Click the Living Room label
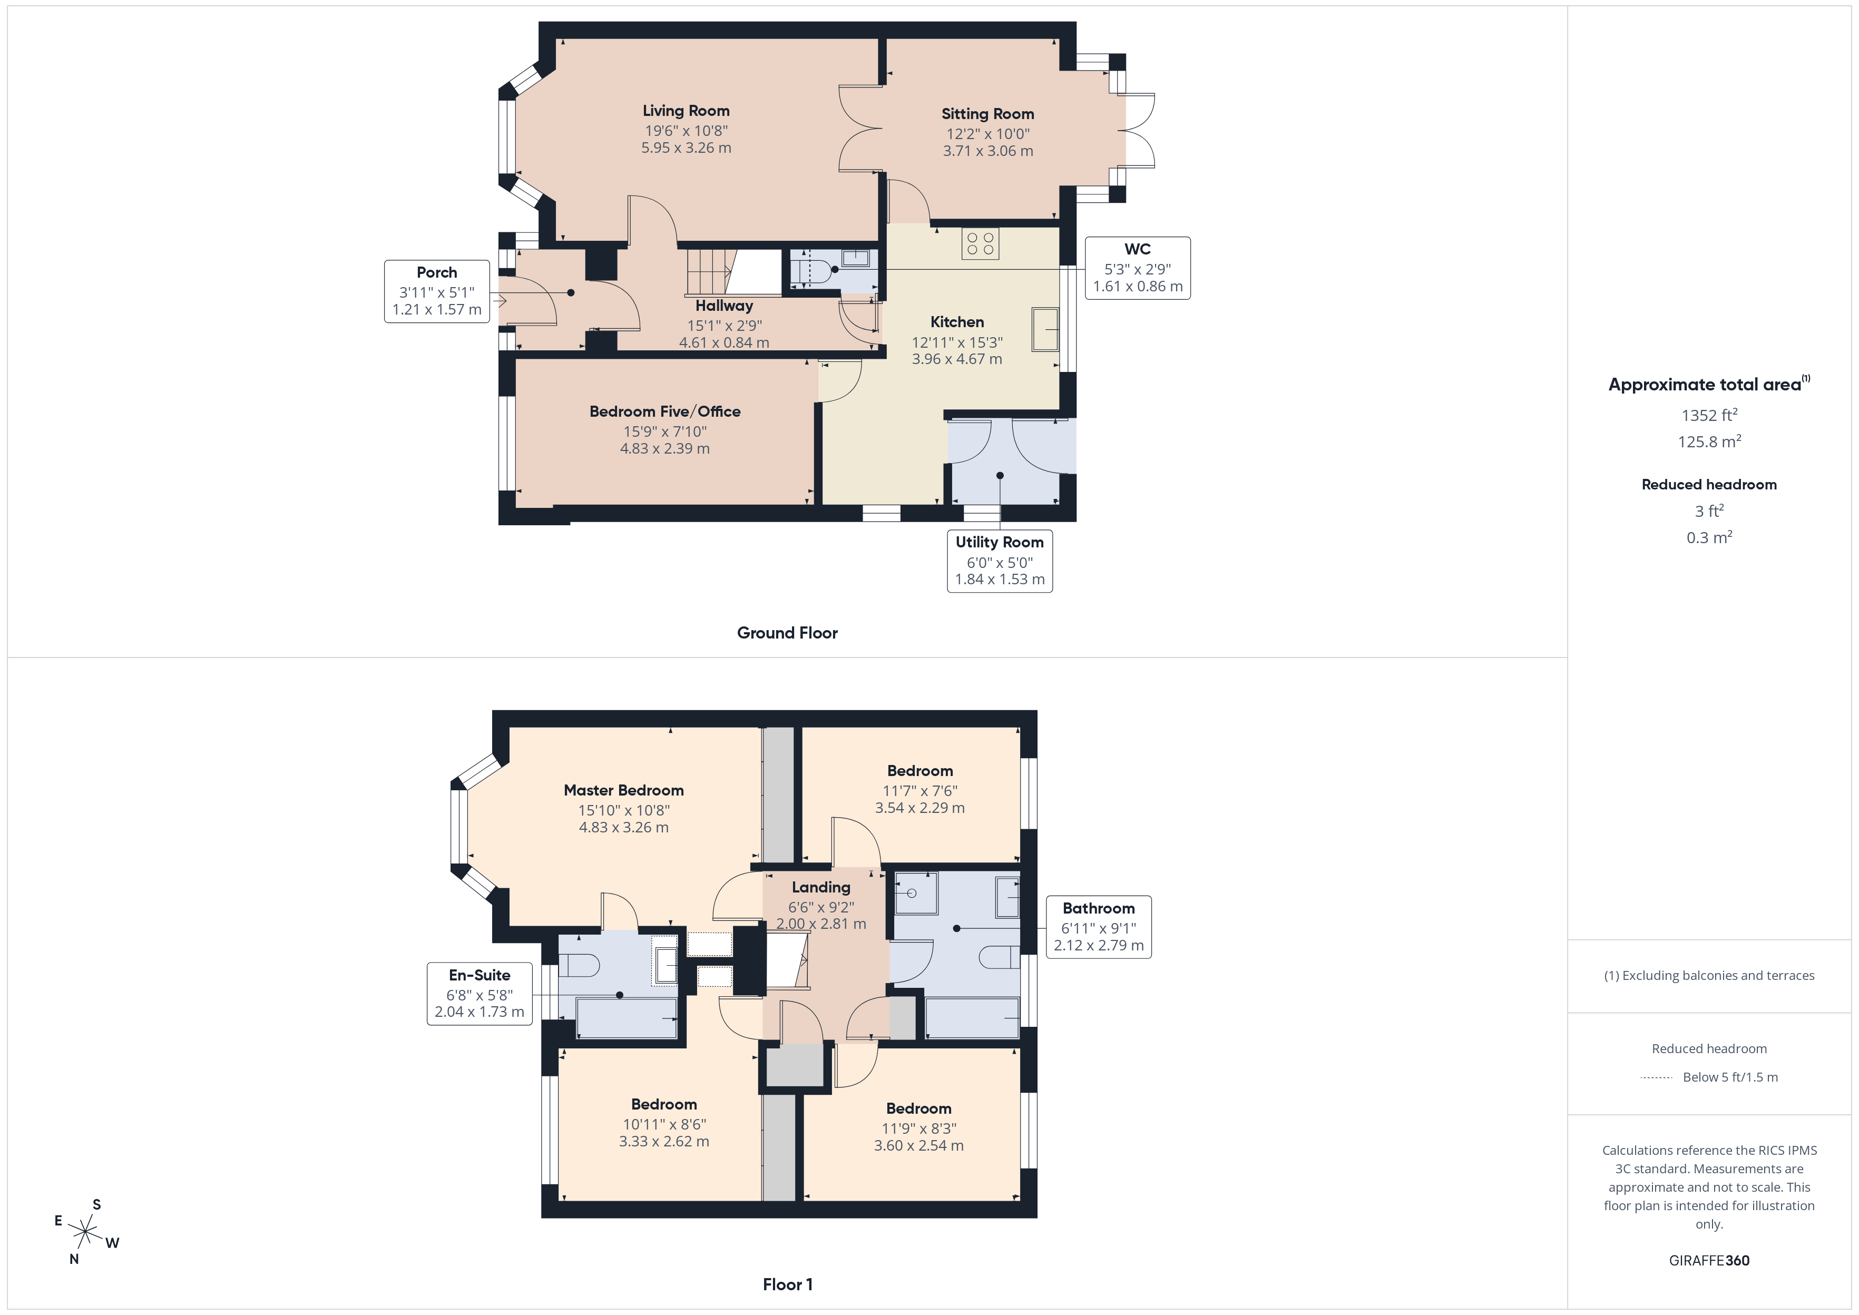(686, 111)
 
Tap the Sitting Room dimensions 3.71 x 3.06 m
(988, 151)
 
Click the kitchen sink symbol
(1045, 329)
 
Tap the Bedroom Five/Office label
(665, 411)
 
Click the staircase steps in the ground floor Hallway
(709, 272)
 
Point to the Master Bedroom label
(623, 790)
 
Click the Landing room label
(821, 887)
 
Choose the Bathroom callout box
(1099, 927)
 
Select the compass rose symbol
(85, 1232)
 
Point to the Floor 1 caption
(787, 1284)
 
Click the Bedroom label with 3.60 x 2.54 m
(918, 1108)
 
